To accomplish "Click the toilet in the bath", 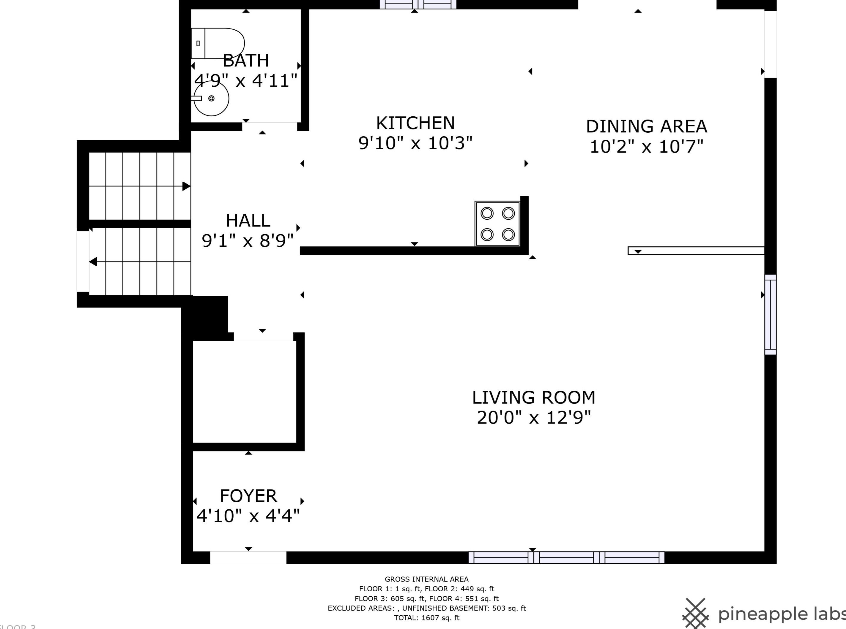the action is (218, 43).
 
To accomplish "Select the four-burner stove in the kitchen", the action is (497, 224).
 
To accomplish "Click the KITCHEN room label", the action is (415, 123).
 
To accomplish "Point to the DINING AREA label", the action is (646, 126).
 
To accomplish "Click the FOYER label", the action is (248, 496).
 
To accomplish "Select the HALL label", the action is (248, 221).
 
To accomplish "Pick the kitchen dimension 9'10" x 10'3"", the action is (415, 143).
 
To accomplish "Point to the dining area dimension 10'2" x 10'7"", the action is (646, 147).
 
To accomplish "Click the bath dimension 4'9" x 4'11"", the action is (246, 81).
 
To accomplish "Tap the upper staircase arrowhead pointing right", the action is (186, 186).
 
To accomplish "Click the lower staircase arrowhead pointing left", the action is (93, 262).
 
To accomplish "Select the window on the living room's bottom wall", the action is (566, 557).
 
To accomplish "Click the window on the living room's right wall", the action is (771, 315).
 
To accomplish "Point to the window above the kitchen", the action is (418, 4).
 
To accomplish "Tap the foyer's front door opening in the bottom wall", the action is (248, 557).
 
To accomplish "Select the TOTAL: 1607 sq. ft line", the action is (427, 618).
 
